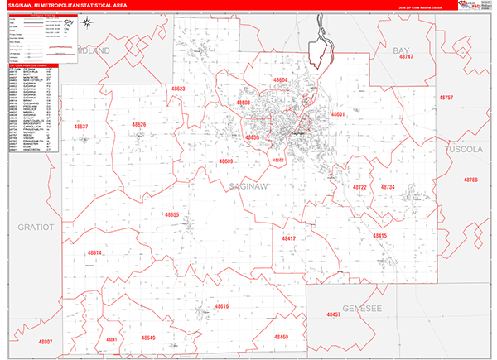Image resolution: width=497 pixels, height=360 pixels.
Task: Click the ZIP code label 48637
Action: click(80, 127)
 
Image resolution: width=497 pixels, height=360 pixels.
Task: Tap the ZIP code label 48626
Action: click(138, 124)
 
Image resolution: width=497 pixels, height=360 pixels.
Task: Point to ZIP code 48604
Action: click(280, 79)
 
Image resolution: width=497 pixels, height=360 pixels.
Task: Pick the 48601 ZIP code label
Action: click(336, 113)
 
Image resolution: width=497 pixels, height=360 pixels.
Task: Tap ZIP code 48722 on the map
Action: click(359, 187)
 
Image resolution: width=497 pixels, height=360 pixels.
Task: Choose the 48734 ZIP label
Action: click(388, 187)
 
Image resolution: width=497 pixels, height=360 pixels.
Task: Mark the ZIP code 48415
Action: click(379, 236)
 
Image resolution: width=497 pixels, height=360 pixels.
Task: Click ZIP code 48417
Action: click(288, 238)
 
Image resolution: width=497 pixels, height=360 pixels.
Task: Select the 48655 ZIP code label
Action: click(172, 214)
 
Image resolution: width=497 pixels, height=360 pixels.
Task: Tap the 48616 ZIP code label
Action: click(221, 306)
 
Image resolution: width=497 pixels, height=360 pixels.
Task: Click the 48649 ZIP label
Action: click(147, 338)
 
